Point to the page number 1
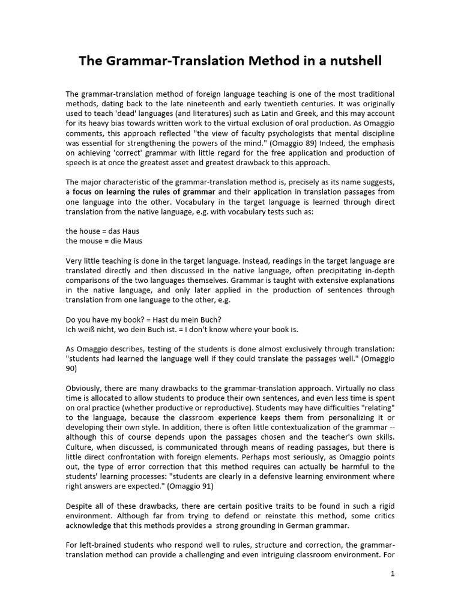coord(393,574)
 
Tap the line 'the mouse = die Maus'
coord(104,241)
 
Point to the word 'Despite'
coord(80,506)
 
